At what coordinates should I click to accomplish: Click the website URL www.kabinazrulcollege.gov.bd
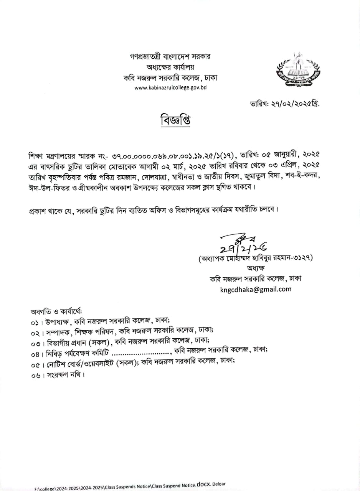[x=170, y=88]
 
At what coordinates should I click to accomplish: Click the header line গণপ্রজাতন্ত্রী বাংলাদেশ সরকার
[x=170, y=56]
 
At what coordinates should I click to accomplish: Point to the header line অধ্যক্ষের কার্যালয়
[x=170, y=67]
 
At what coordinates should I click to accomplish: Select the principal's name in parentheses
[x=256, y=258]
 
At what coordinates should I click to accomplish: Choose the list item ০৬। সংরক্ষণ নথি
[x=58, y=375]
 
